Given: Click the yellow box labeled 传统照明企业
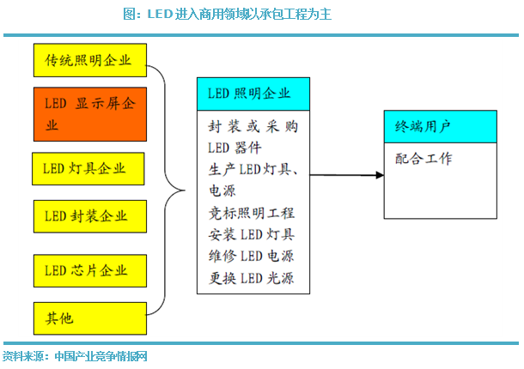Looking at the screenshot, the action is [x=90, y=60].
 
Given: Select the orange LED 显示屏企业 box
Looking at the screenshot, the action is [x=90, y=114].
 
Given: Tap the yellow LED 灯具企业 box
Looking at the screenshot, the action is [x=88, y=169].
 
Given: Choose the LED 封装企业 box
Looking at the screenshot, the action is [x=90, y=216].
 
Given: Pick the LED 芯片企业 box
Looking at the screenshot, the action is [x=90, y=271].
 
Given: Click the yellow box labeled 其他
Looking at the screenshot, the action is [x=90, y=318].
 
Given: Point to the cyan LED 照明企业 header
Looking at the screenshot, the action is [x=253, y=94].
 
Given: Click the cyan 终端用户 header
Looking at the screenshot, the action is [x=441, y=126].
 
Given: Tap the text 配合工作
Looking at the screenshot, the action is [x=423, y=159].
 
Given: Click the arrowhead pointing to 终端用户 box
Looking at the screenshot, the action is [x=380, y=175].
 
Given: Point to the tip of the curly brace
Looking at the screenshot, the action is [x=185, y=191].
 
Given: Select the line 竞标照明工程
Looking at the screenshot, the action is [x=252, y=213].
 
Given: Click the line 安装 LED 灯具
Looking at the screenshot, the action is [x=252, y=234].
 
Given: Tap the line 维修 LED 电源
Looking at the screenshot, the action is [x=252, y=256].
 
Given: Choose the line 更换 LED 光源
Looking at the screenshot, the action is [x=252, y=278].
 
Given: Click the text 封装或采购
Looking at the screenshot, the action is [x=253, y=126].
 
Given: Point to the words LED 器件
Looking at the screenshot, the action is [x=235, y=148].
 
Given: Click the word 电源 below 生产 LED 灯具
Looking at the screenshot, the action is [x=222, y=191].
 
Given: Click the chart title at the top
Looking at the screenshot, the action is [x=228, y=14].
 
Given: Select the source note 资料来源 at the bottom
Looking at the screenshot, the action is [x=75, y=356].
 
